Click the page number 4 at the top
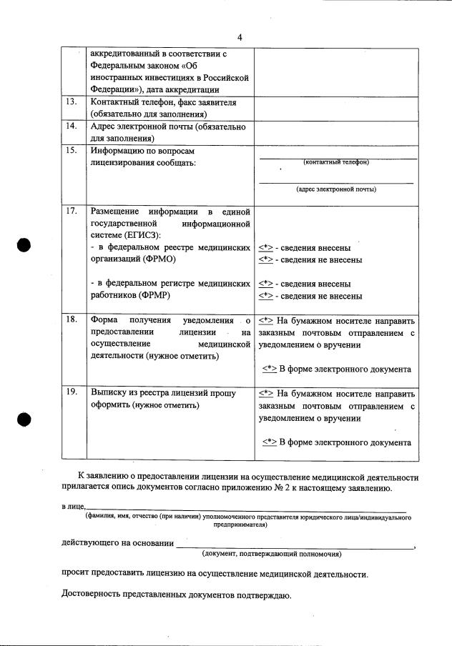(240, 37)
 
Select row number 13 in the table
(70, 102)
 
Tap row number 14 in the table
(70, 126)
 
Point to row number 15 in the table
(70, 151)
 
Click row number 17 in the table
(70, 212)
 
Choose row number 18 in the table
(70, 319)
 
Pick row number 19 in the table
(70, 392)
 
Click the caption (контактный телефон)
(336, 162)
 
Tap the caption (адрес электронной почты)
(336, 189)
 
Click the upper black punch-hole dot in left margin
(25, 244)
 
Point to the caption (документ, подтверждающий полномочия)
(271, 554)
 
